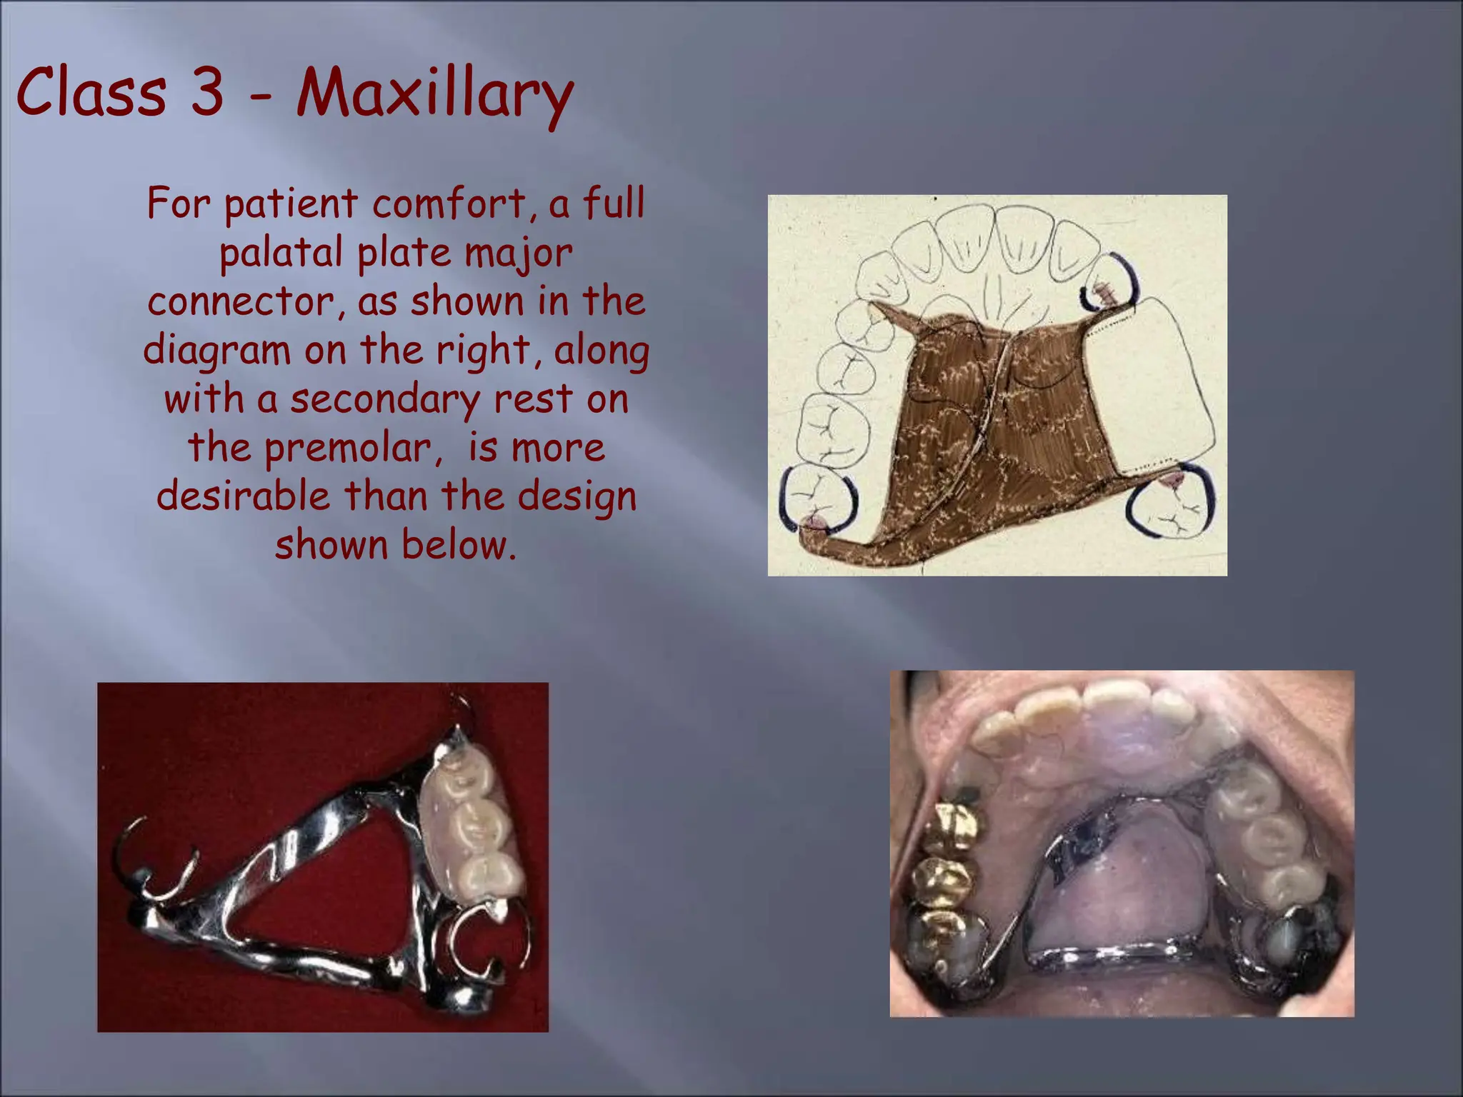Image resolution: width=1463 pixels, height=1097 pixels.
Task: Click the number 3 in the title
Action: pos(207,93)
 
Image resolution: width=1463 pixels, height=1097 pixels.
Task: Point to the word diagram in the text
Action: pos(218,351)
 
